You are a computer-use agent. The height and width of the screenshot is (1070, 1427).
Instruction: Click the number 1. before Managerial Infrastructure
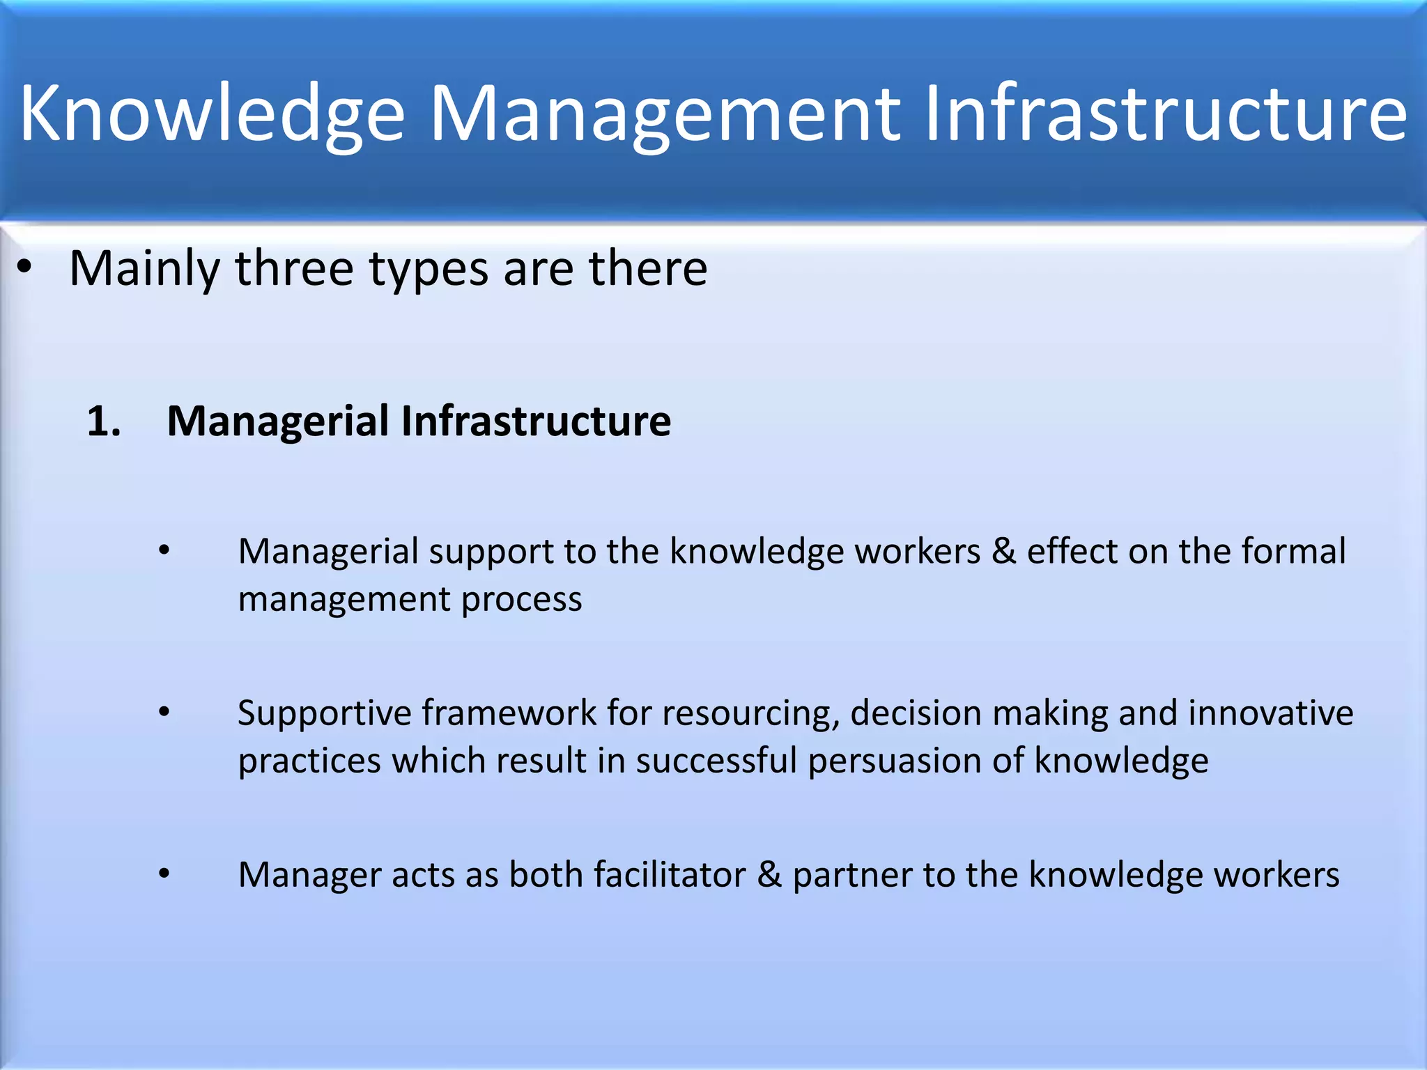[103, 422]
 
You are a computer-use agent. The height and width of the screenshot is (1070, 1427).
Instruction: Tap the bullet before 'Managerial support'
[164, 551]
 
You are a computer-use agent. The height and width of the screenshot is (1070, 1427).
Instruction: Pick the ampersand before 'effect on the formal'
[1003, 551]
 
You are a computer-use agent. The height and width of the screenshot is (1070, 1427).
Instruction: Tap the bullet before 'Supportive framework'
[164, 712]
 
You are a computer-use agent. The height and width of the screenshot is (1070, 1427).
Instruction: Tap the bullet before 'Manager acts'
[164, 874]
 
